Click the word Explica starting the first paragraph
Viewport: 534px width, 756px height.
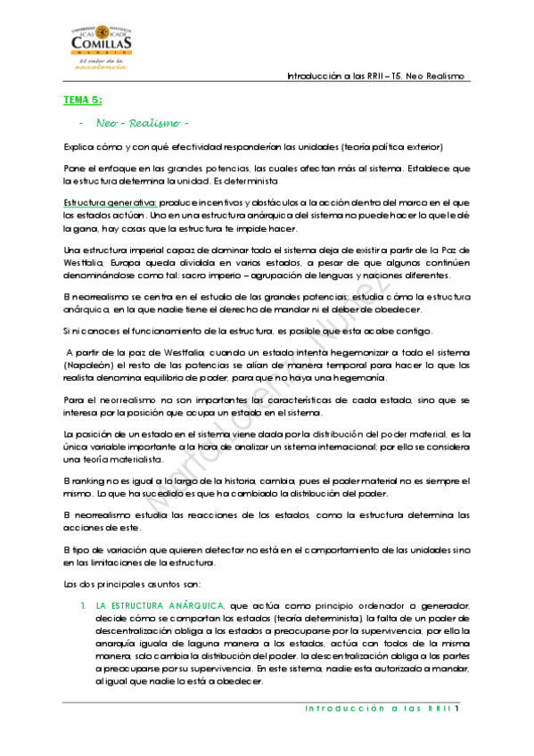78,146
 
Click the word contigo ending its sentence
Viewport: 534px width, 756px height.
412,332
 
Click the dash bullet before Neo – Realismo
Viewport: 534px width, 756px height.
81,122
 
